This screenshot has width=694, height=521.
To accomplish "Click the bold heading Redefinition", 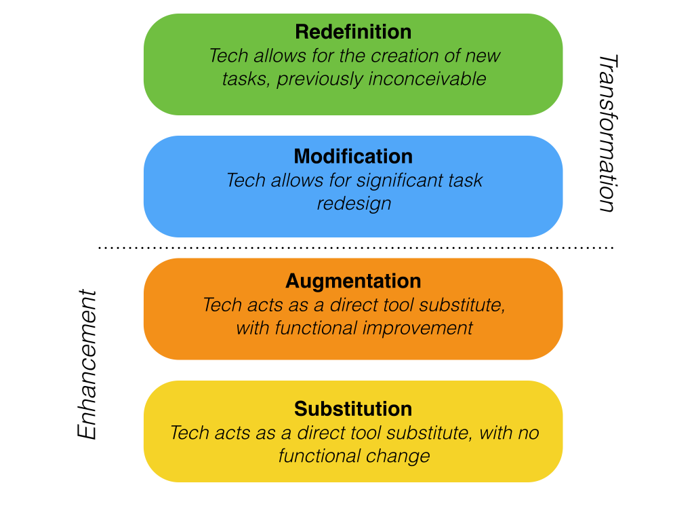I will pyautogui.click(x=353, y=32).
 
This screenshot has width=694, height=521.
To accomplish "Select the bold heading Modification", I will pyautogui.click(x=353, y=157).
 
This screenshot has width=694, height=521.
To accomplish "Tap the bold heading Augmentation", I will pyautogui.click(x=353, y=281).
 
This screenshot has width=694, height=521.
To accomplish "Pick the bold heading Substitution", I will pyautogui.click(x=353, y=409).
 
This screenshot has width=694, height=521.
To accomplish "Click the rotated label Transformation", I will pyautogui.click(x=607, y=134).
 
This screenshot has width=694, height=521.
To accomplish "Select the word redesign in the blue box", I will pyautogui.click(x=354, y=204).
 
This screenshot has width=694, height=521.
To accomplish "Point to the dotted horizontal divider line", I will pyautogui.click(x=355, y=248).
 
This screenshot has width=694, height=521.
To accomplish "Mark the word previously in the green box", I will pyautogui.click(x=321, y=79).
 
